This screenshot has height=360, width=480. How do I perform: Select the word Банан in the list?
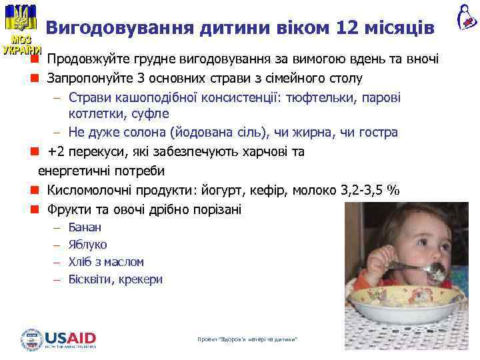point(85,227)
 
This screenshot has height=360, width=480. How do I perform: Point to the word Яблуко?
point(87,245)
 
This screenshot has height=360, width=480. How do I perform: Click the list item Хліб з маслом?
point(106,262)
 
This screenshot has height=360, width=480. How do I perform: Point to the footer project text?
point(247,340)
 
